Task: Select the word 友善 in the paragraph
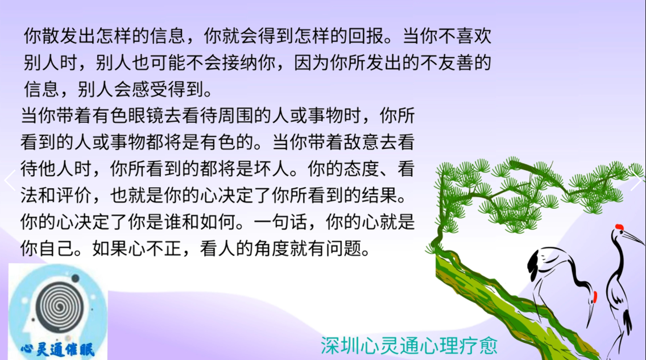pyautogui.click(x=455, y=63)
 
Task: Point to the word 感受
pyautogui.click(x=150, y=89)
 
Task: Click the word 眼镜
pyautogui.click(x=146, y=116)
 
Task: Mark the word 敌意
pyautogui.click(x=361, y=142)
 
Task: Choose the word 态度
pyautogui.click(x=343, y=169)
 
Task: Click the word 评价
pyautogui.click(x=74, y=195)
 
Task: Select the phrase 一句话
pyautogui.click(x=280, y=222)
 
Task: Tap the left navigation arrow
pyautogui.click(x=10, y=180)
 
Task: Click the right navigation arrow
pyautogui.click(x=636, y=180)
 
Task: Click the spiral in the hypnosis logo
pyautogui.click(x=59, y=305)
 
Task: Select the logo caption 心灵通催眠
pyautogui.click(x=58, y=350)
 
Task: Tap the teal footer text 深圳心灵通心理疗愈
pyautogui.click(x=409, y=345)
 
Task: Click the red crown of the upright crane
pyautogui.click(x=619, y=226)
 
